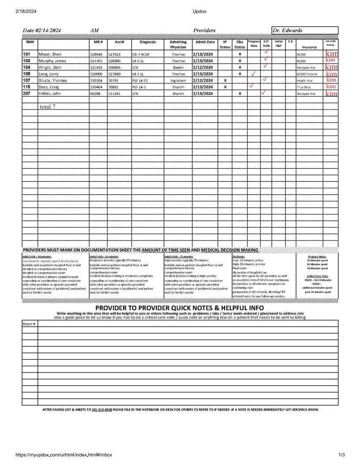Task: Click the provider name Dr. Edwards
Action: point(288,30)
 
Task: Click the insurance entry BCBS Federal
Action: point(307,74)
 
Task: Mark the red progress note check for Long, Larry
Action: point(254,74)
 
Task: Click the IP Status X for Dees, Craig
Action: point(225,87)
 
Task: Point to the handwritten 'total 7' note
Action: point(47,106)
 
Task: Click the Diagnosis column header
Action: point(148,42)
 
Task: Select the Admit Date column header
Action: point(205,42)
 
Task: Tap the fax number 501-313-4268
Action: point(101,410)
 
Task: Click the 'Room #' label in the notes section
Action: point(29,324)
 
